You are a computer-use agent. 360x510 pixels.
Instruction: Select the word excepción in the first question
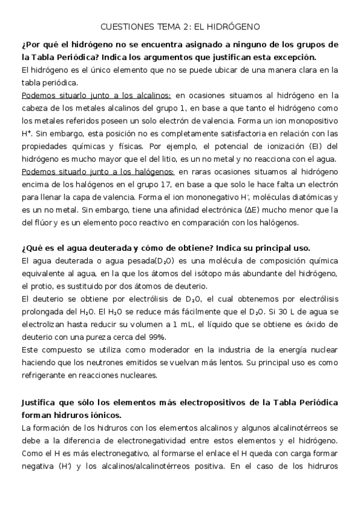(293, 57)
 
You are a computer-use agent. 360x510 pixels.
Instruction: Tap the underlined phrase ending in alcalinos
(96, 95)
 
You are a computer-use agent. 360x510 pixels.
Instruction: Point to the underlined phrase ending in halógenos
(97, 171)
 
